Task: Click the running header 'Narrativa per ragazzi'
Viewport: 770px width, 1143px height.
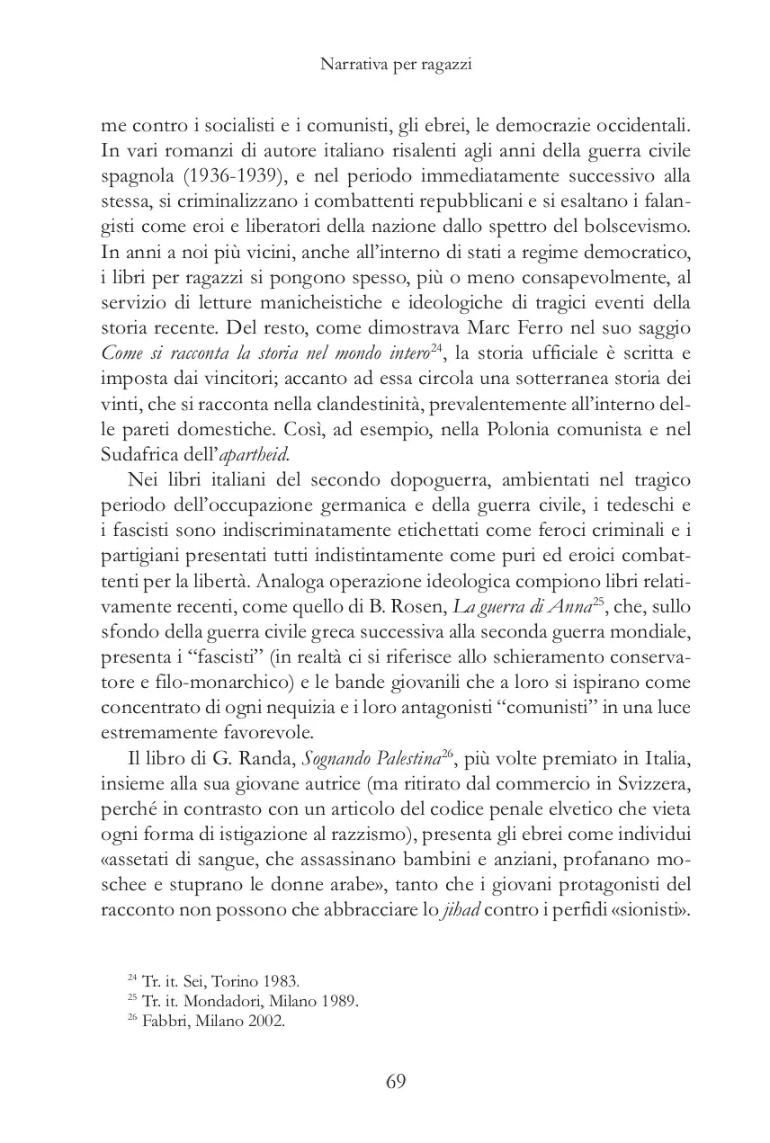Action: click(384, 66)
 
